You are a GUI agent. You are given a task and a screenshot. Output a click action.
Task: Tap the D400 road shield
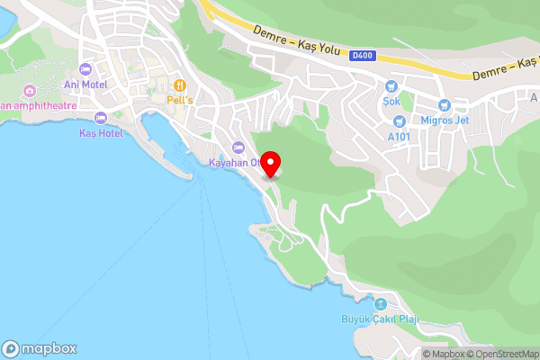[x=362, y=56]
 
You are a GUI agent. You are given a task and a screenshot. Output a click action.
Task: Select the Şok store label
[x=391, y=102]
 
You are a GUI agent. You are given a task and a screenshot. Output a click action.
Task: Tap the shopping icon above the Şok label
[x=391, y=86]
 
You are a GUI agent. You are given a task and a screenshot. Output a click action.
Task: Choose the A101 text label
[x=399, y=137]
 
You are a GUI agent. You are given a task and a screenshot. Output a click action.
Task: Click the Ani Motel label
[x=85, y=85]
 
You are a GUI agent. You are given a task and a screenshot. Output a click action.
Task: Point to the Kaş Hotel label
[x=99, y=133]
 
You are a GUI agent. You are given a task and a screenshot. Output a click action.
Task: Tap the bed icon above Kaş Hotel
[x=100, y=118]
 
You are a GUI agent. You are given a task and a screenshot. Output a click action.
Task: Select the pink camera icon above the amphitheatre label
[x=30, y=90]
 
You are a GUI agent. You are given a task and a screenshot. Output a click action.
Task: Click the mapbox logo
[x=39, y=348]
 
